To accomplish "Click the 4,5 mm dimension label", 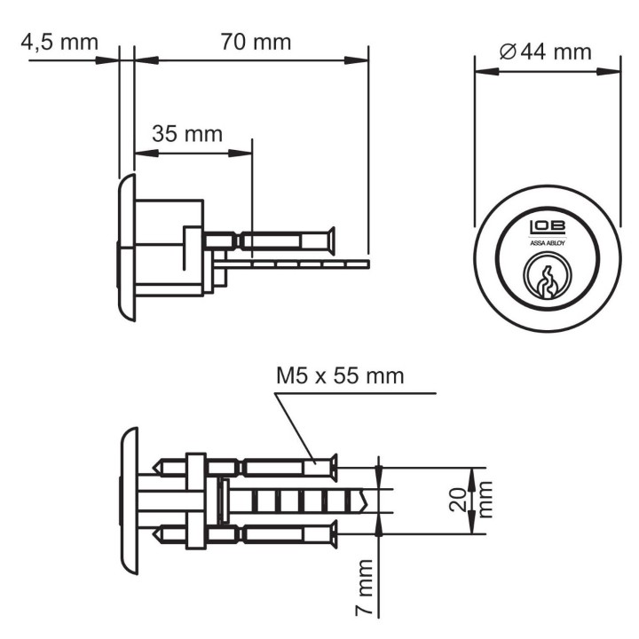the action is [x=59, y=43].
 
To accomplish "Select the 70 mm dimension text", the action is [x=256, y=42].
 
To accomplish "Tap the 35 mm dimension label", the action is [x=187, y=134].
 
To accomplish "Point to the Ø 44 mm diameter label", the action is [x=545, y=52].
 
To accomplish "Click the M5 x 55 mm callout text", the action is [x=340, y=375].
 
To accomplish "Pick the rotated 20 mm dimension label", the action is [x=470, y=500].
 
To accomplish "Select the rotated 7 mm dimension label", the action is [x=364, y=587].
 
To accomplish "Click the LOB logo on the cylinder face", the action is [x=548, y=228].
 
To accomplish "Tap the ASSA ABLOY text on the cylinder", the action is [x=548, y=243].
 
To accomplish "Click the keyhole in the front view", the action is [x=548, y=281].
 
